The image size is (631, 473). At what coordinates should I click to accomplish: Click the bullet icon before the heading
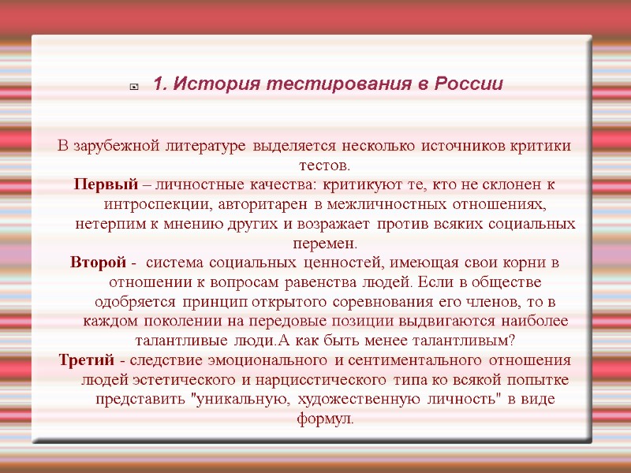click(134, 86)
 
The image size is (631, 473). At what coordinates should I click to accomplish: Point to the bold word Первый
click(106, 185)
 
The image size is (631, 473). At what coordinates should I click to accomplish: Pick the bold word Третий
click(88, 360)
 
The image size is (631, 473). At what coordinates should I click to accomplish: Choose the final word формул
click(326, 419)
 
